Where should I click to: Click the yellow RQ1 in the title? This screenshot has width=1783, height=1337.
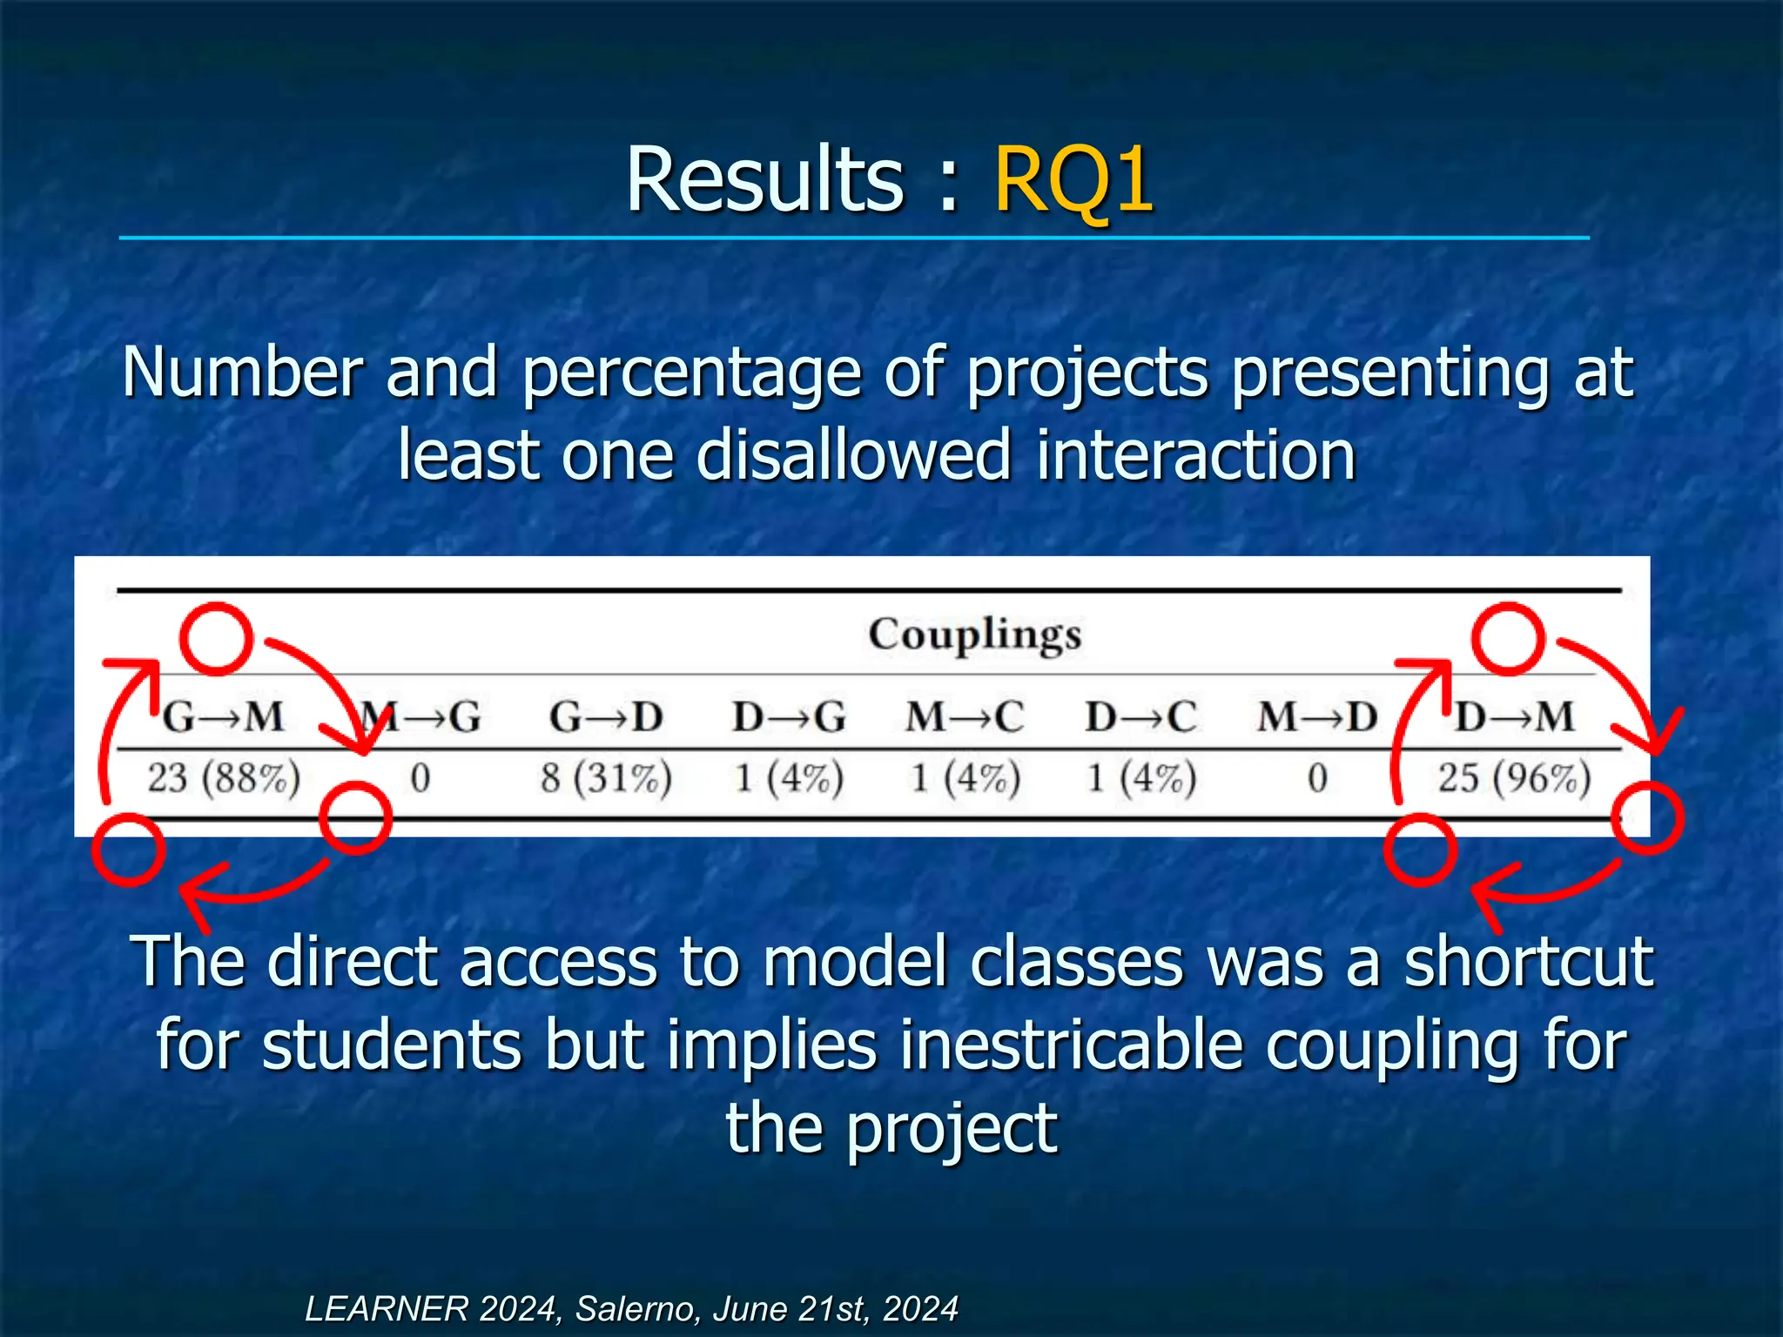coord(1073,179)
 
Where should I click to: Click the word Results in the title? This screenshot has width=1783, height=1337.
coord(765,179)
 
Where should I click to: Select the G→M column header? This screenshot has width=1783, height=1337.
coord(224,717)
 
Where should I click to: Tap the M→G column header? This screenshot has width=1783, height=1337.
coord(421,717)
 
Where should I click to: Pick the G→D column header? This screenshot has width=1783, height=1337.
coord(606,717)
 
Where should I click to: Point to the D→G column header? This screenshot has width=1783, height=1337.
coord(789,717)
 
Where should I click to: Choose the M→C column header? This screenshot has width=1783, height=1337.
coord(965,717)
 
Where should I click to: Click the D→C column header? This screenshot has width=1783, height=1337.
coord(1140,717)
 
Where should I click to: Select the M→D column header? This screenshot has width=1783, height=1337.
coord(1317,717)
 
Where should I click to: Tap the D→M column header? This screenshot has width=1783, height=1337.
coord(1515,717)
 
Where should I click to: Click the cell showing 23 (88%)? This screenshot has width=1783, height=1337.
coord(224,777)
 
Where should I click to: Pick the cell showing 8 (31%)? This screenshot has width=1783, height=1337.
coord(606,777)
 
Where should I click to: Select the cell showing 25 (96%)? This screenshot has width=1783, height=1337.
coord(1514,777)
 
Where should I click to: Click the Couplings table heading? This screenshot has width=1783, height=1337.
coord(974,635)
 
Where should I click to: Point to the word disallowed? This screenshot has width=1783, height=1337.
coord(852,455)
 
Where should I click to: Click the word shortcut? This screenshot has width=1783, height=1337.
coord(1529,962)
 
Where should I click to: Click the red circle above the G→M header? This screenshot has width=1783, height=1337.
coord(217,639)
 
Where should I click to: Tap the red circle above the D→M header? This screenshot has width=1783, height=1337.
coord(1509,639)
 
